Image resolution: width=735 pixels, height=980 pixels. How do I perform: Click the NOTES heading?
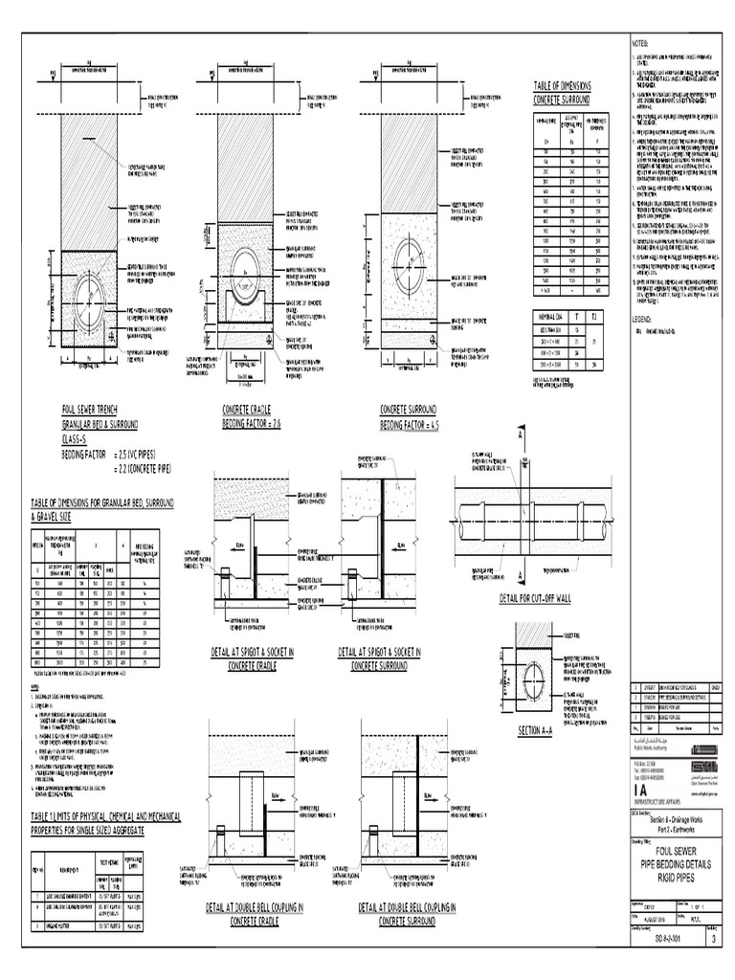[x=639, y=44]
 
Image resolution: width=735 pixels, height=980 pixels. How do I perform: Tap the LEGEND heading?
[x=640, y=316]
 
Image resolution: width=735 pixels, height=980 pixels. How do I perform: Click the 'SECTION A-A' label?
[x=543, y=730]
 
